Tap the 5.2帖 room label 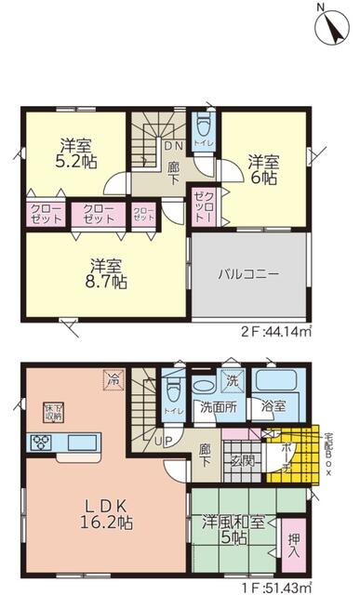coord(75,152)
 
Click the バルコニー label coord(248,275)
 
